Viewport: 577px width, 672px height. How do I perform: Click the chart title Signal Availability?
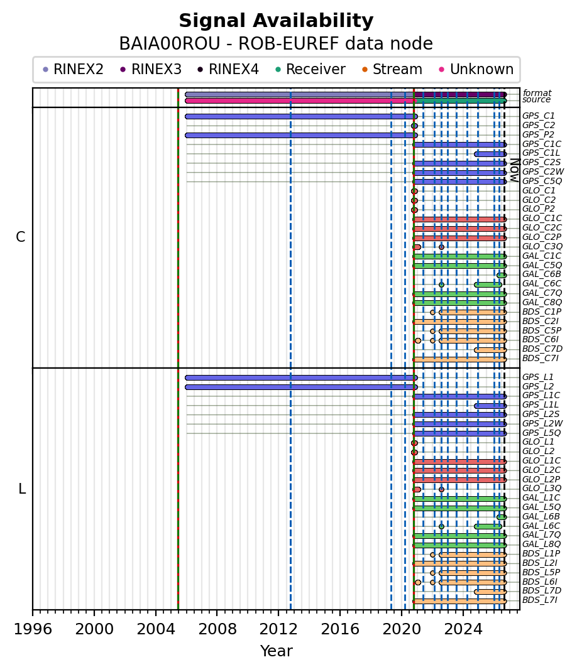click(x=276, y=21)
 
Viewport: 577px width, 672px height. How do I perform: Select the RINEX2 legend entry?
click(x=74, y=69)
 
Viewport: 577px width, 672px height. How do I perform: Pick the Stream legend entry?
click(x=392, y=69)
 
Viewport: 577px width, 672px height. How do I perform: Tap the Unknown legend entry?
click(x=476, y=69)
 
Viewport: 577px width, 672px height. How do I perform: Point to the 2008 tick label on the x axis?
click(x=217, y=629)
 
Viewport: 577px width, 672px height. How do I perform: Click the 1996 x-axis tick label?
click(x=33, y=629)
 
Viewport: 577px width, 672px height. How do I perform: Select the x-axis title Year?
click(x=277, y=651)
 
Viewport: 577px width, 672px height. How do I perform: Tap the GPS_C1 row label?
click(x=539, y=116)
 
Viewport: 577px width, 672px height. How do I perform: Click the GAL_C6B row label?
click(x=541, y=274)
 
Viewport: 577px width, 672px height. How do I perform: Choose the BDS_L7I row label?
click(x=540, y=600)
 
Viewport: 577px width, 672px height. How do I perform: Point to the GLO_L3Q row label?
click(x=541, y=489)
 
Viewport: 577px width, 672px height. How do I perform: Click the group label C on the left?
click(x=20, y=237)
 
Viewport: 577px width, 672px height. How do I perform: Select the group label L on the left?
click(x=22, y=489)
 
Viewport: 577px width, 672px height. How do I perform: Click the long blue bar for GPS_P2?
click(x=301, y=136)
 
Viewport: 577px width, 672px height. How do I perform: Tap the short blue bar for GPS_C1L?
click(x=490, y=154)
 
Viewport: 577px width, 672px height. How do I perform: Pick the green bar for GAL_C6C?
click(x=488, y=285)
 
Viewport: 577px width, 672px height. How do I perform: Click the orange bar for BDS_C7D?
click(x=490, y=350)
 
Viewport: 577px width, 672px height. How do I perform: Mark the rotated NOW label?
click(x=515, y=170)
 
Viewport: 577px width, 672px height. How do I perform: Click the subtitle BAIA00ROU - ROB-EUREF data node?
click(x=276, y=44)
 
